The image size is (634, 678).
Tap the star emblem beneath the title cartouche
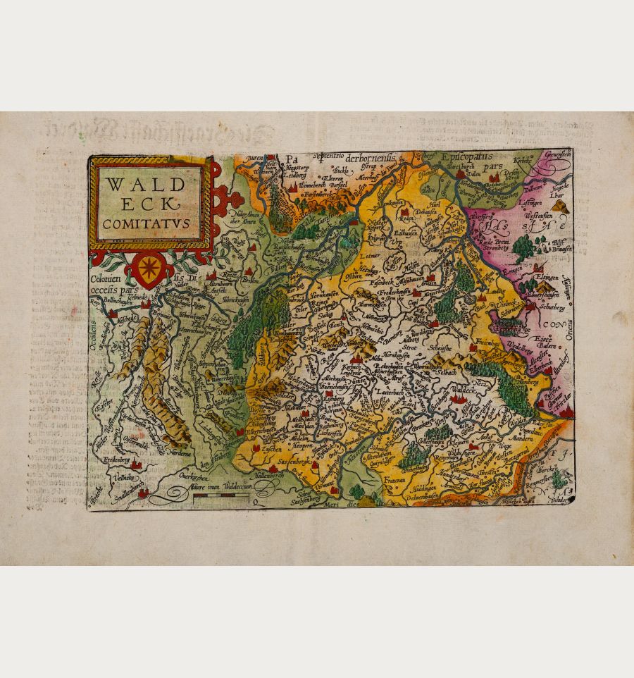click(x=149, y=269)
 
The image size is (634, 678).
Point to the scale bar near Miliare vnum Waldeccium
click(x=220, y=497)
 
